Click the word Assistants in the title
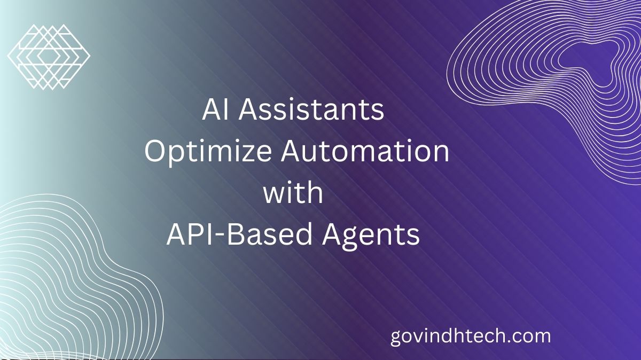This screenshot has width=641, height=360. point(311,110)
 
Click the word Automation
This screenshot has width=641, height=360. point(365,151)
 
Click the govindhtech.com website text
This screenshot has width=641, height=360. point(471,337)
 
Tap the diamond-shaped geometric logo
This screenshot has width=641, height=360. point(49,57)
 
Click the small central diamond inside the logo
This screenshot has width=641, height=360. point(49,57)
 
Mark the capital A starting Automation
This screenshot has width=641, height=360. point(291,151)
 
